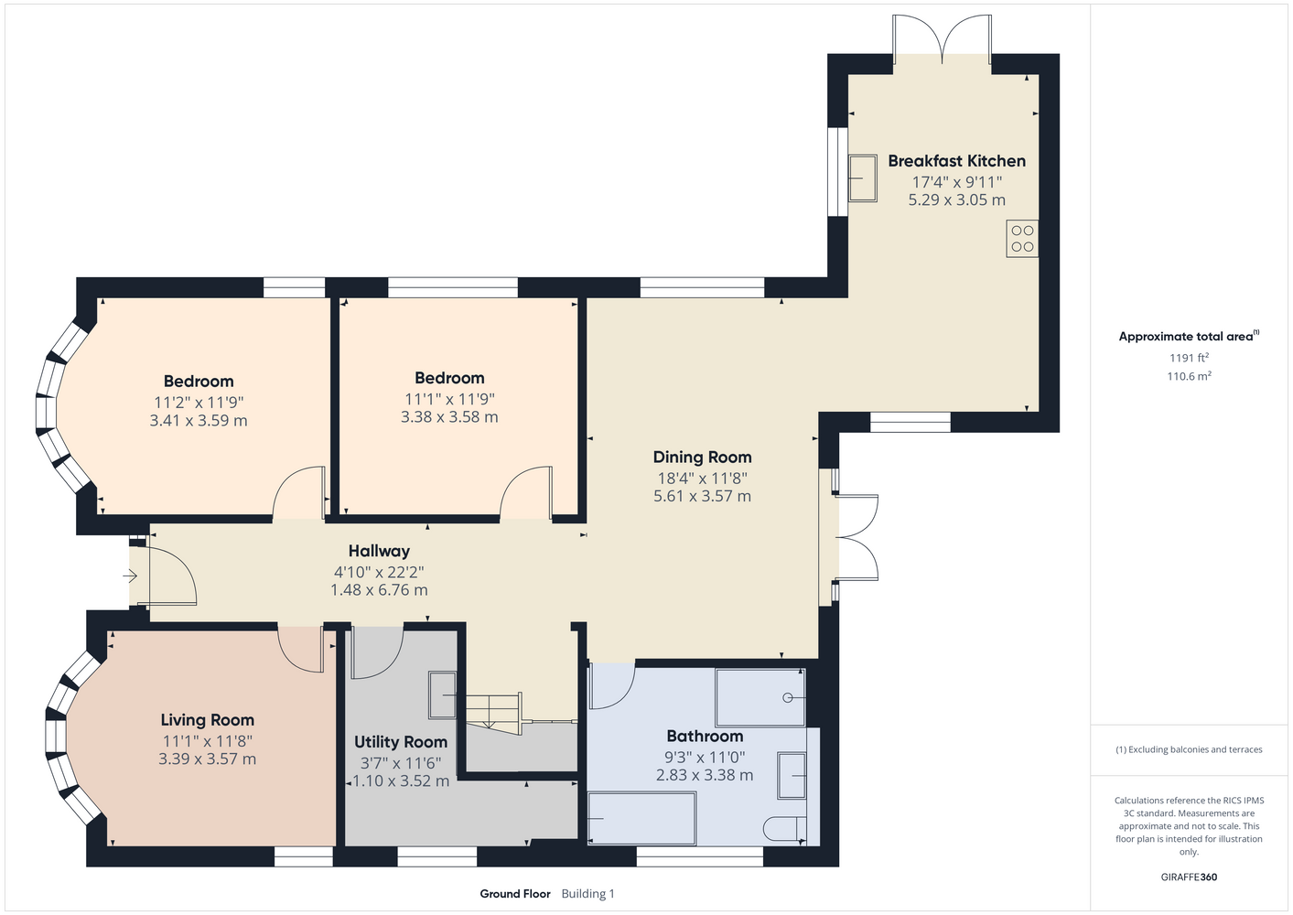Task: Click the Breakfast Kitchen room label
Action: click(956, 161)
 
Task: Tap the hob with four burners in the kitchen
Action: click(1022, 239)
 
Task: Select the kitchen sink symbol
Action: click(862, 178)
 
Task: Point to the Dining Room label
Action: click(702, 457)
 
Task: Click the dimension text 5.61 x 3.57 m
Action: click(702, 496)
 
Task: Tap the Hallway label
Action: click(379, 551)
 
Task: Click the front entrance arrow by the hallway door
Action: click(130, 576)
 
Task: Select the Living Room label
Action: click(207, 720)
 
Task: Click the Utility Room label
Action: click(401, 742)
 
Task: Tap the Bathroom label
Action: click(705, 736)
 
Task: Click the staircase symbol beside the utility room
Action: click(494, 714)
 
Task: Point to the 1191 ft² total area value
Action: click(1189, 358)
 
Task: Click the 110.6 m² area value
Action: click(1189, 376)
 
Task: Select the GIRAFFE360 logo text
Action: click(1189, 877)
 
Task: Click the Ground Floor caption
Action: click(515, 894)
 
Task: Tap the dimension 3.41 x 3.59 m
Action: click(199, 420)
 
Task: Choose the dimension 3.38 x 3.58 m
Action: click(449, 417)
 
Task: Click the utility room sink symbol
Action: click(442, 695)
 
